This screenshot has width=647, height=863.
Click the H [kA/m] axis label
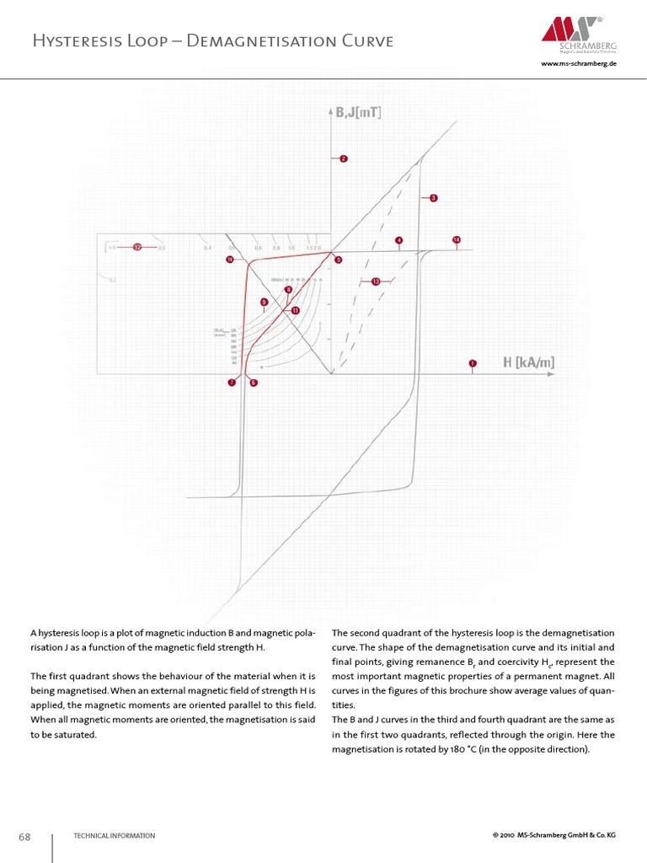click(x=529, y=362)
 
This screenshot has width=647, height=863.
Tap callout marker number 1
click(x=473, y=363)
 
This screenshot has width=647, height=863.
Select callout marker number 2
click(x=343, y=158)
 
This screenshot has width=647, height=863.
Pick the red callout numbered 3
click(x=433, y=198)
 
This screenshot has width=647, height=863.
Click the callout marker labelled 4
click(x=398, y=240)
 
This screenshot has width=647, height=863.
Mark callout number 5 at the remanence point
click(x=338, y=260)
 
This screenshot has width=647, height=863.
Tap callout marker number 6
click(x=254, y=383)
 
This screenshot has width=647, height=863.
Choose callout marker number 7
click(x=232, y=383)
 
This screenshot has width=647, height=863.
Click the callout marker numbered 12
click(x=136, y=247)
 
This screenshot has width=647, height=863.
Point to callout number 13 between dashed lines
click(x=375, y=281)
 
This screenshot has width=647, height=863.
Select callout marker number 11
click(x=296, y=311)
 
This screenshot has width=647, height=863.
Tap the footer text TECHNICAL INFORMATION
click(x=114, y=836)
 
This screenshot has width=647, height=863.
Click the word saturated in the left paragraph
click(x=71, y=735)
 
